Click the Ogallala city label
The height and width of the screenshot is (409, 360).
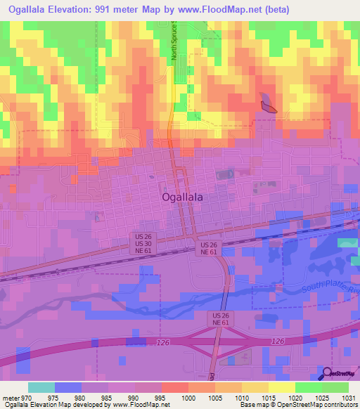pyautogui.click(x=182, y=197)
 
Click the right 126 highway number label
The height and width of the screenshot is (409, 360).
pyautogui.click(x=277, y=340)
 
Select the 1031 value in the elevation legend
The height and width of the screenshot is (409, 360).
pyautogui.click(x=348, y=398)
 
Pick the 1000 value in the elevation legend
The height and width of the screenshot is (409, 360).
pyautogui.click(x=188, y=398)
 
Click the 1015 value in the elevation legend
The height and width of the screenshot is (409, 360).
pyautogui.click(x=268, y=398)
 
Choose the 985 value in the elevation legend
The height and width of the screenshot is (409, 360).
pyautogui.click(x=108, y=398)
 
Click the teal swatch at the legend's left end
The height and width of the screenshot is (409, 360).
pyautogui.click(x=41, y=387)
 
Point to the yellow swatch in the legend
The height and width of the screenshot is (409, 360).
pyautogui.click(x=282, y=387)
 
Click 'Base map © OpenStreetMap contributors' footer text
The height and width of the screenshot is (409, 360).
pyautogui.click(x=297, y=405)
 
